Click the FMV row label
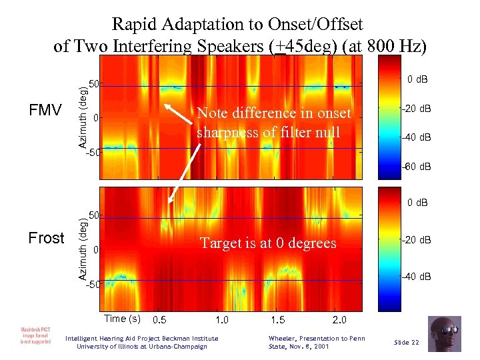[45, 110]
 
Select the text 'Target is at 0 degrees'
[269, 243]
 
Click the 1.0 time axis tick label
[223, 319]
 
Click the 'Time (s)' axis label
[122, 317]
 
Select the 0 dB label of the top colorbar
[418, 80]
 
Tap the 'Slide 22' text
[406, 342]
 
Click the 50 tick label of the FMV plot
[95, 85]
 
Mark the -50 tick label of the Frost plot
[93, 285]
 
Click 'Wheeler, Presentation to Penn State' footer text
[316, 342]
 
